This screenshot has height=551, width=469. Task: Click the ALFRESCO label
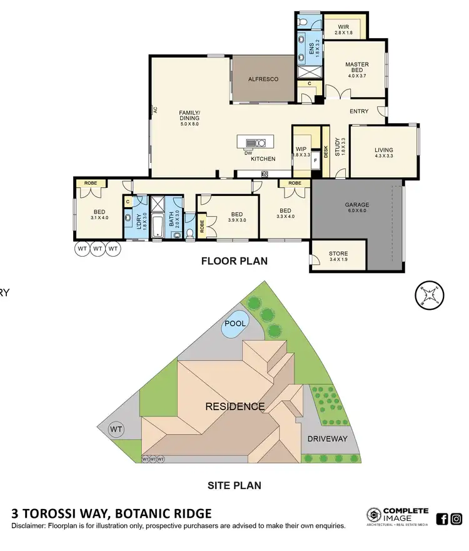coord(263,80)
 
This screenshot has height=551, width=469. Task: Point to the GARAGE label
coord(357,208)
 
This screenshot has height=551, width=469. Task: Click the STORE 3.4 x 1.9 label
coord(338,257)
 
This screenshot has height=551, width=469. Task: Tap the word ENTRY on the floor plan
coord(359,111)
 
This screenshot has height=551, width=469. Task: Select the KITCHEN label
coord(263,159)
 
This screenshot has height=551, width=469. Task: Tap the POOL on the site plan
coord(235,324)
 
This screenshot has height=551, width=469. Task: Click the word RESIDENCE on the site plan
coord(235,406)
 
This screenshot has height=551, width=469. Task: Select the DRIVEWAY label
coord(326,439)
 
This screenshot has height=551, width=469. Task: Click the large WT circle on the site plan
coord(116,430)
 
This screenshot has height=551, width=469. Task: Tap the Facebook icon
coord(441,518)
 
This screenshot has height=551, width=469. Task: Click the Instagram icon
coord(456,518)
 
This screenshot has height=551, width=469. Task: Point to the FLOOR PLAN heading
coord(234,261)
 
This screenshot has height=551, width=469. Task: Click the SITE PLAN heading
coord(234,485)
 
